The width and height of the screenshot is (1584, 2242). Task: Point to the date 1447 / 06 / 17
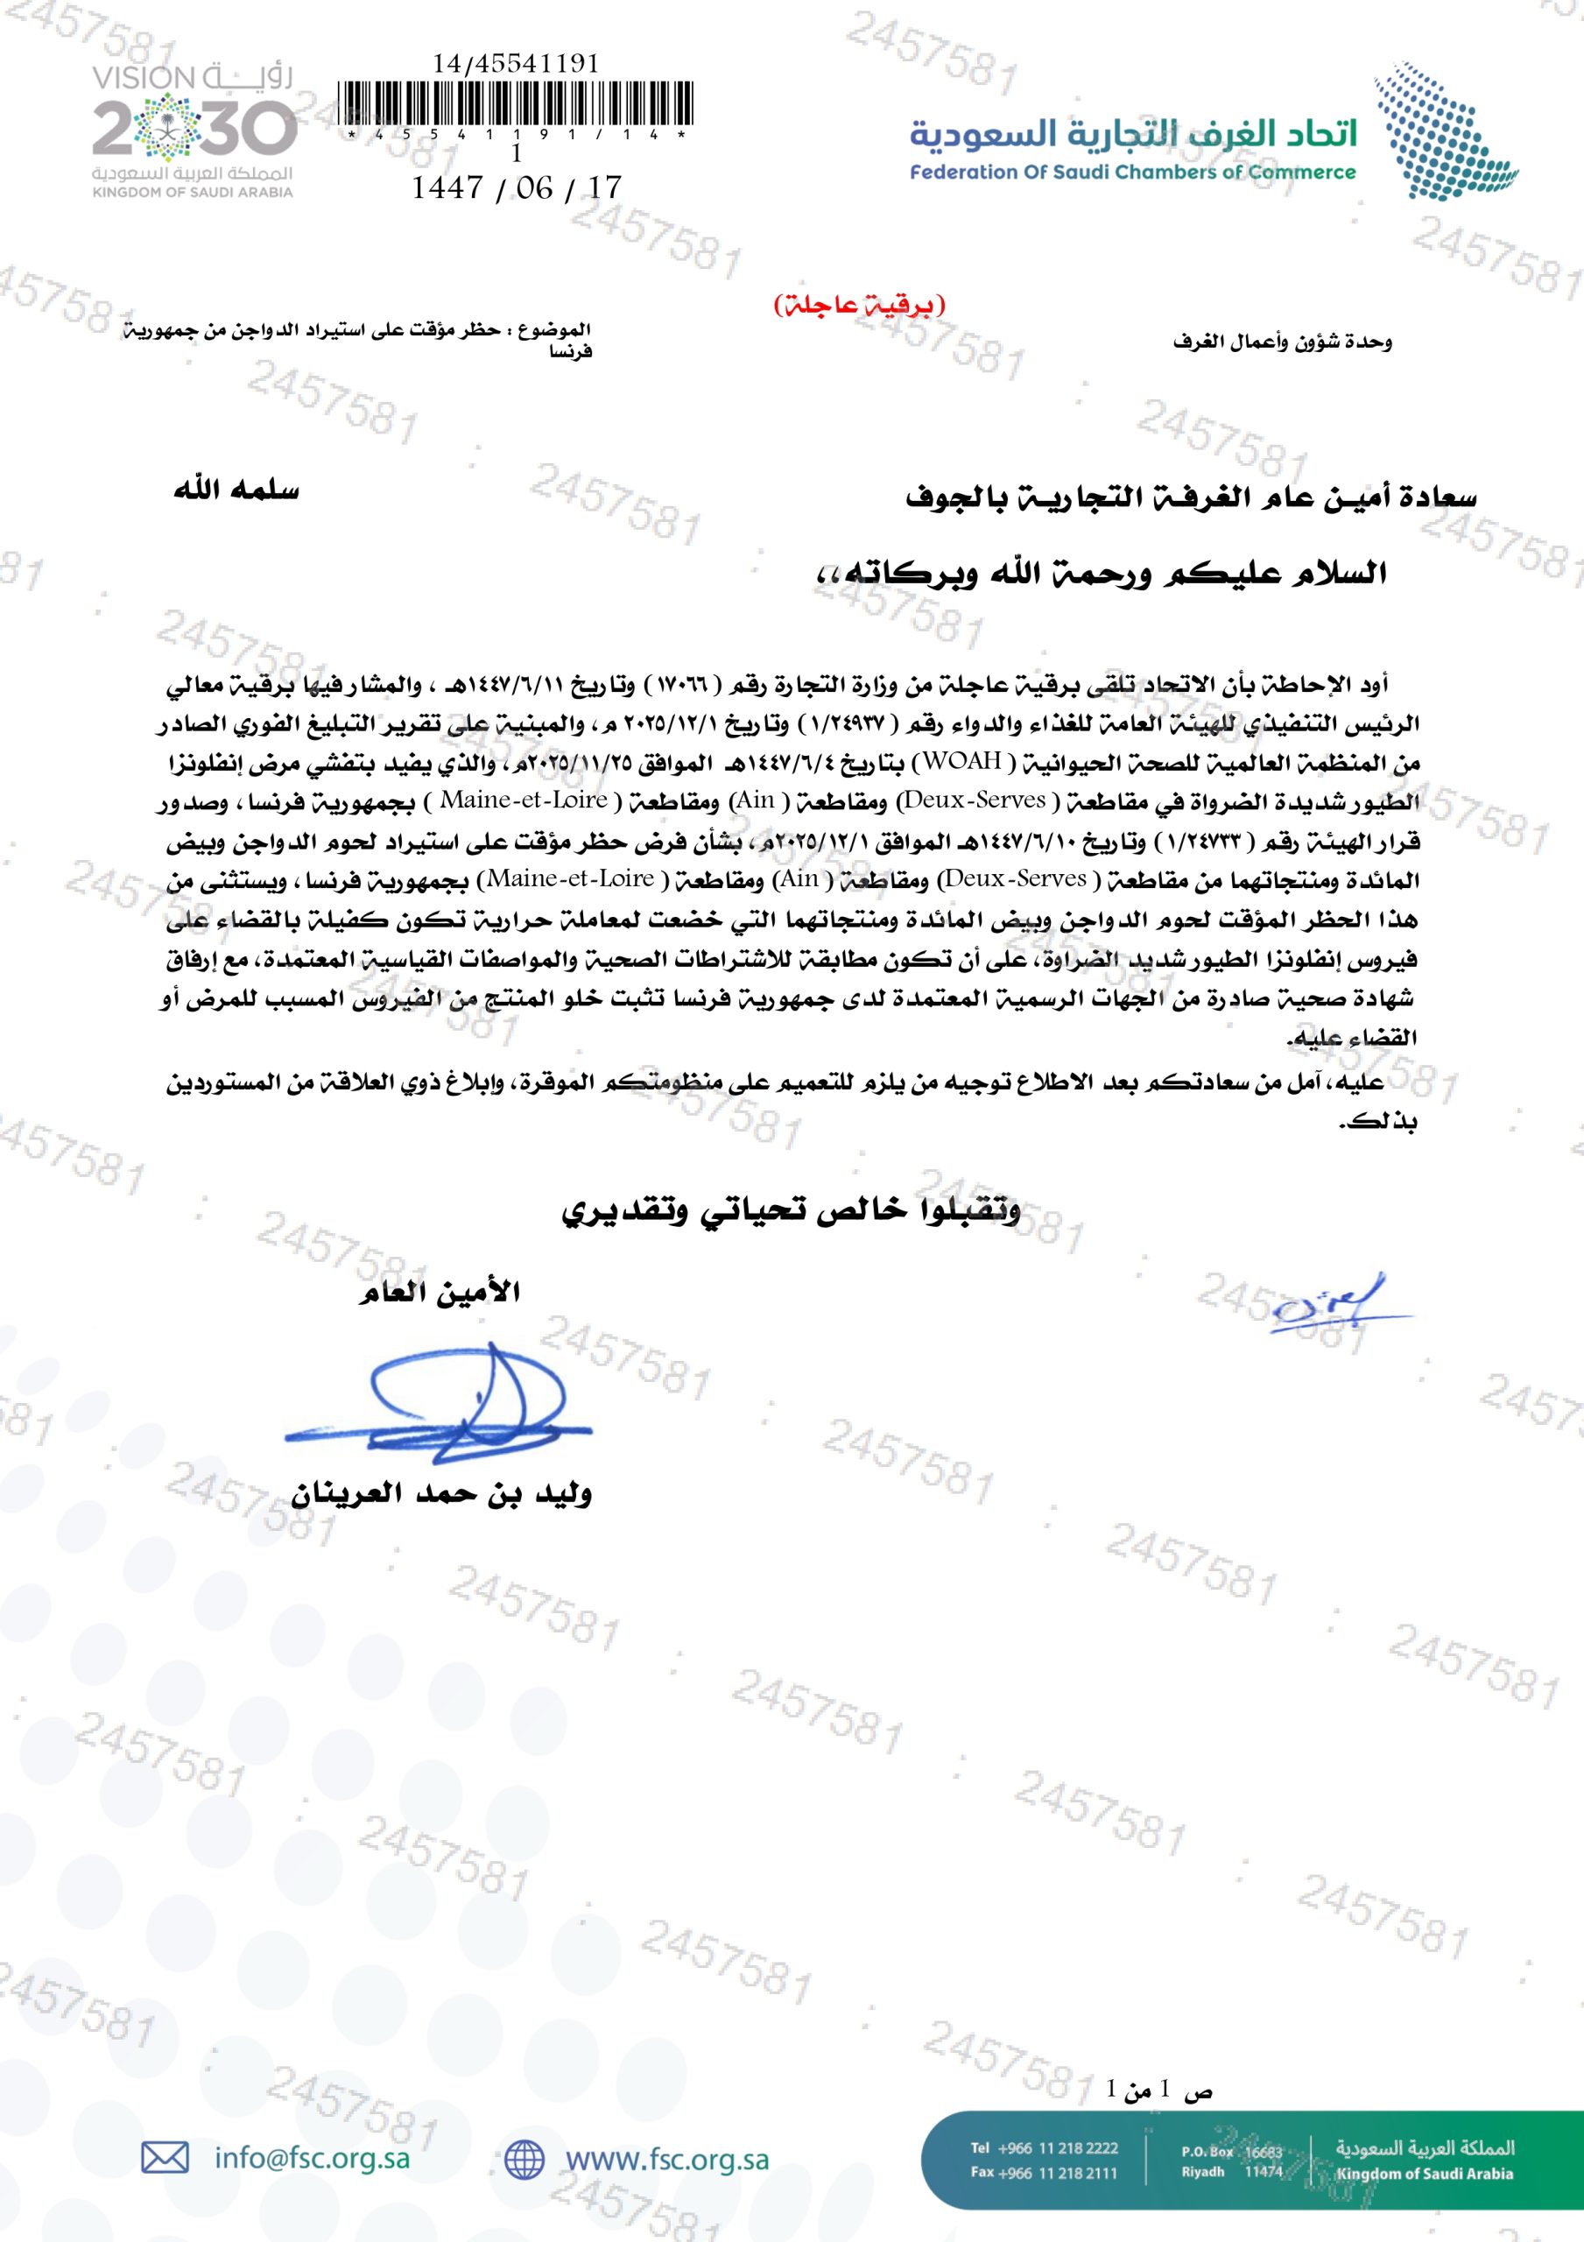pos(516,187)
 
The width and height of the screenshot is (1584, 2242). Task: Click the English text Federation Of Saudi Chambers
pos(1133,173)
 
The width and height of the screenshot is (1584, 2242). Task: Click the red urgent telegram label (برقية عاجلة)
pos(859,306)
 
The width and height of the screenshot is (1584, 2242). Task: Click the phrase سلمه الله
pos(236,490)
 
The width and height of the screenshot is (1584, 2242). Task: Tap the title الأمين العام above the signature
pos(439,1293)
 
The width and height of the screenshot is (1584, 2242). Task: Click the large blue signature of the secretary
pos(440,1407)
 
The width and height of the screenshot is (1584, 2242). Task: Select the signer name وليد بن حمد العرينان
pos(441,1493)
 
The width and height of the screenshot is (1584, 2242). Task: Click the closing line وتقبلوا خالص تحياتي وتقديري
pos(791,1211)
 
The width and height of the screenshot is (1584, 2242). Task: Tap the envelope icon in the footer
pos(165,2157)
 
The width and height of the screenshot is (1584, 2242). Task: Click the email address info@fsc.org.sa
pos(313,2158)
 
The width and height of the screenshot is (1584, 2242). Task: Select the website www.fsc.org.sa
pos(667,2159)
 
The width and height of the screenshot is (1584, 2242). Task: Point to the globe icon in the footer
pos(524,2159)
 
